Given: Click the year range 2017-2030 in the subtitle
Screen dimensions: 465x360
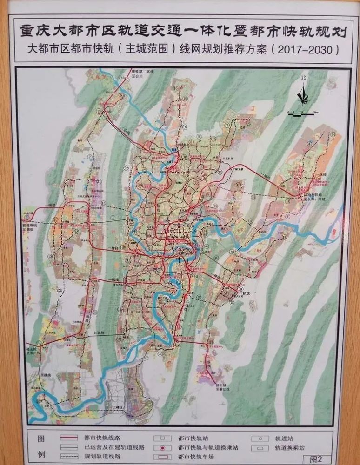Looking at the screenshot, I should pos(307,48).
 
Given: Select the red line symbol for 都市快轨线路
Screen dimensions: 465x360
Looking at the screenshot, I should pos(74,438).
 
